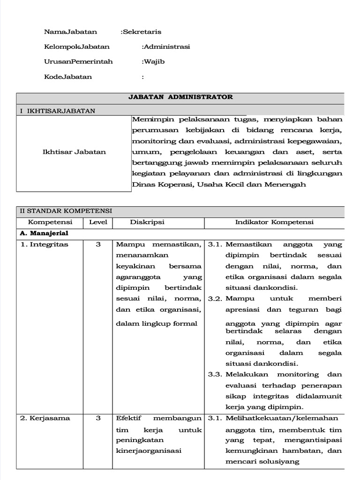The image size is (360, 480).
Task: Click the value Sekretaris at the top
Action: pyautogui.click(x=142, y=32)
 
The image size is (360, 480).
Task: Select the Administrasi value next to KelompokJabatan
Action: pyautogui.click(x=166, y=47)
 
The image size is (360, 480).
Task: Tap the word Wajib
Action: pyautogui.click(x=154, y=61)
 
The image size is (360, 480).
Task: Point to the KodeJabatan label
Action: pyautogui.click(x=68, y=76)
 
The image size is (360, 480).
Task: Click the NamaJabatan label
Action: pyautogui.click(x=70, y=32)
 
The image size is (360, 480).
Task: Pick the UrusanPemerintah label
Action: pyautogui.click(x=78, y=61)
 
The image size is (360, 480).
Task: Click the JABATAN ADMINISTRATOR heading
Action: pyautogui.click(x=180, y=97)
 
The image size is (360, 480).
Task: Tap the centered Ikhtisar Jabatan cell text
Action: pyautogui.click(x=74, y=151)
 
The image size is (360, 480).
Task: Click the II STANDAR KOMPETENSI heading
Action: pyautogui.click(x=66, y=211)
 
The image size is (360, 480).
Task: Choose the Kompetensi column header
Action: pyautogui.click(x=50, y=222)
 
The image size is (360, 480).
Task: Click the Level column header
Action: pyautogui.click(x=98, y=222)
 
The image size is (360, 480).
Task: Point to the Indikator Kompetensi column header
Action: pyautogui.click(x=274, y=222)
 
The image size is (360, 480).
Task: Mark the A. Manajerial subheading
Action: pyautogui.click(x=44, y=232)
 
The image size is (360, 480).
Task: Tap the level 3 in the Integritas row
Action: pyautogui.click(x=98, y=244)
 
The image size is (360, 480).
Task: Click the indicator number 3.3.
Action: pyautogui.click(x=215, y=374)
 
